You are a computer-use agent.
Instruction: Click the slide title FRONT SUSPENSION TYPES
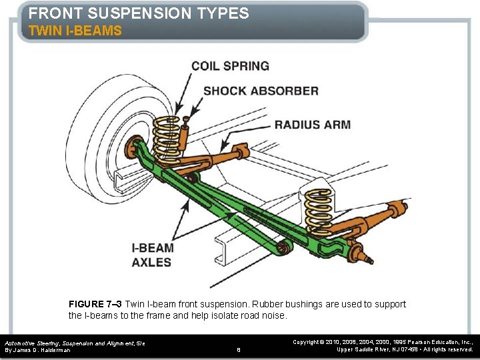(139, 13)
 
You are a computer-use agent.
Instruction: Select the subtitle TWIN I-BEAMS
(75, 31)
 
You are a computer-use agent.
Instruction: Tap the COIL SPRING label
(230, 66)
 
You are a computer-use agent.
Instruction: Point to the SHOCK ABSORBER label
(261, 91)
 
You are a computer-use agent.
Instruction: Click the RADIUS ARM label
(312, 125)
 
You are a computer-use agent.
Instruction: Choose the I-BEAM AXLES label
(153, 255)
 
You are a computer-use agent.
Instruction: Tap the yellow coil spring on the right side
(319, 207)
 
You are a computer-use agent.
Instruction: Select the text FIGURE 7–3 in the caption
(95, 304)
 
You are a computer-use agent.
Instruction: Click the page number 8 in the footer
(239, 349)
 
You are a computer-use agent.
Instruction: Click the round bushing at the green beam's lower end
(283, 249)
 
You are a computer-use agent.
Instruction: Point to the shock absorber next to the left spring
(183, 137)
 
